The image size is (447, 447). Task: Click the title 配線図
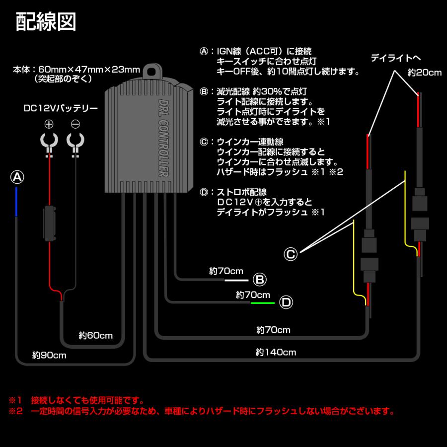(x=46, y=22)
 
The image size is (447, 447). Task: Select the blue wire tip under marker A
(x=17, y=202)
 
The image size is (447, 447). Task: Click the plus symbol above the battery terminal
(x=49, y=124)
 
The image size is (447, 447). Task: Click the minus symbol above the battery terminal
(x=75, y=124)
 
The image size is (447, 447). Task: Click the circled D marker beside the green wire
(x=286, y=302)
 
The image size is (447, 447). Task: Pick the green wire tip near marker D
(x=263, y=302)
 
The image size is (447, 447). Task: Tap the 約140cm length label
(x=276, y=353)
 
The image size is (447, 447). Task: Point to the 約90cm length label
(x=49, y=356)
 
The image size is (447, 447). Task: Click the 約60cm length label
(x=96, y=335)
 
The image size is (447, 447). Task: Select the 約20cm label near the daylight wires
(x=424, y=73)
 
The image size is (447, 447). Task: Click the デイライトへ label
(x=395, y=59)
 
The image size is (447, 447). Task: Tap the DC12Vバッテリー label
(x=61, y=108)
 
